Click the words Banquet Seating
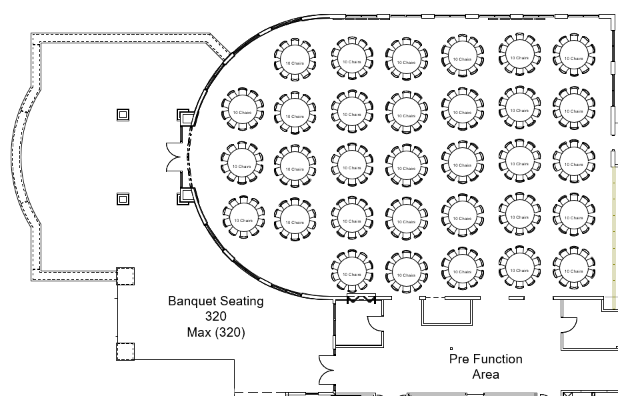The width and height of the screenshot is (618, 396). pyautogui.click(x=215, y=301)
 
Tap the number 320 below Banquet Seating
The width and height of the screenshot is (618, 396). pyautogui.click(x=215, y=317)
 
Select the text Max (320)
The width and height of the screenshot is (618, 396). pyautogui.click(x=215, y=332)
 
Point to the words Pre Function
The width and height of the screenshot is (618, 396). pyautogui.click(x=485, y=359)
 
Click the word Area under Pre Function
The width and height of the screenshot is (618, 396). pyautogui.click(x=485, y=375)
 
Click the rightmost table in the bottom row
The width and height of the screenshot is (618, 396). pyautogui.click(x=573, y=270)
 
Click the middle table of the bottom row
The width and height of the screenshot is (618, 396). pyautogui.click(x=462, y=271)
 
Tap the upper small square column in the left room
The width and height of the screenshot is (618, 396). pyautogui.click(x=123, y=115)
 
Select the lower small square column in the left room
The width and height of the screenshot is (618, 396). pyautogui.click(x=123, y=199)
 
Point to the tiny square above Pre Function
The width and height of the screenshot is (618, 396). pyautogui.click(x=451, y=348)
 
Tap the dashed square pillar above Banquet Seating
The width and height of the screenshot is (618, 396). pyautogui.click(x=125, y=275)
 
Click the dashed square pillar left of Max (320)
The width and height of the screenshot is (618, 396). pyautogui.click(x=125, y=351)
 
